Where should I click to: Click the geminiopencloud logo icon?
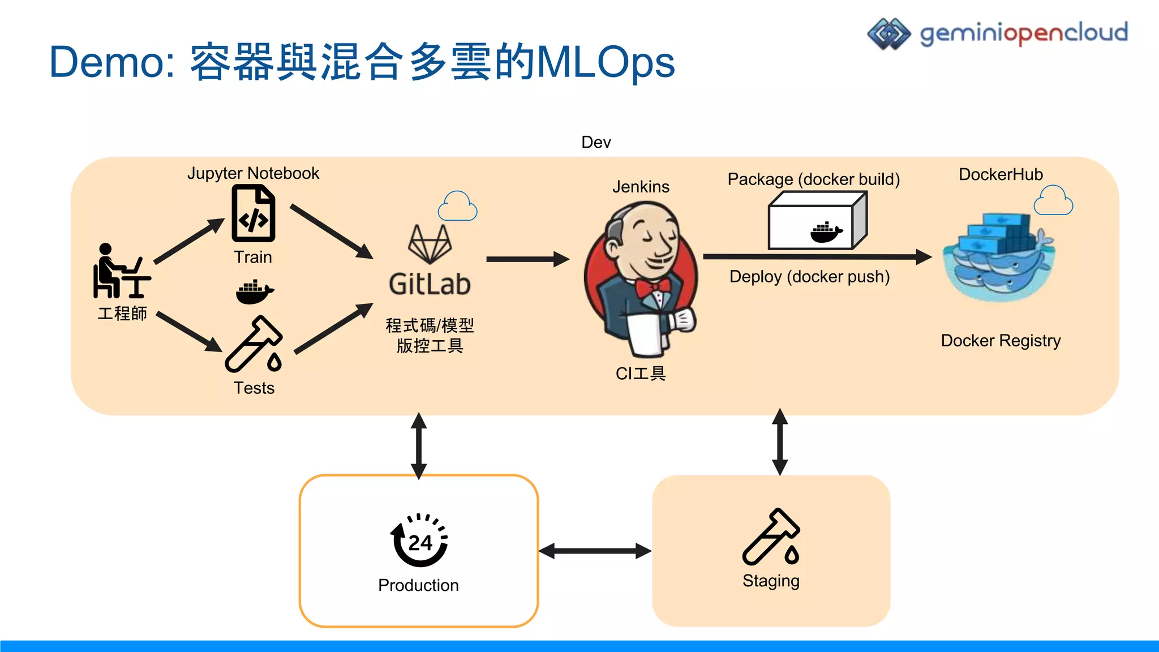pos(888,34)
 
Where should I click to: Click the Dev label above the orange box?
pos(596,142)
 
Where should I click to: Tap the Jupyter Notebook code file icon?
pos(253,215)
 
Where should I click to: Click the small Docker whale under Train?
pos(254,291)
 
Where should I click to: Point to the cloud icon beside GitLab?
pos(457,207)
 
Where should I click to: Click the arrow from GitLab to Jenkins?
pos(527,259)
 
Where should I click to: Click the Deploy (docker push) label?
pos(809,277)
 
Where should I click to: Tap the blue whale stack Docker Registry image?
pos(998,258)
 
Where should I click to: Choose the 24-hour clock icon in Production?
pos(419,541)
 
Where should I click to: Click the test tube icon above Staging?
pos(771,537)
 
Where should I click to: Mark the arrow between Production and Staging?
pos(595,551)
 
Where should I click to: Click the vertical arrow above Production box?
pos(419,445)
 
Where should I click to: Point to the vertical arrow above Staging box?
pos(780,442)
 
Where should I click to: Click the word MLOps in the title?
pos(606,62)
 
